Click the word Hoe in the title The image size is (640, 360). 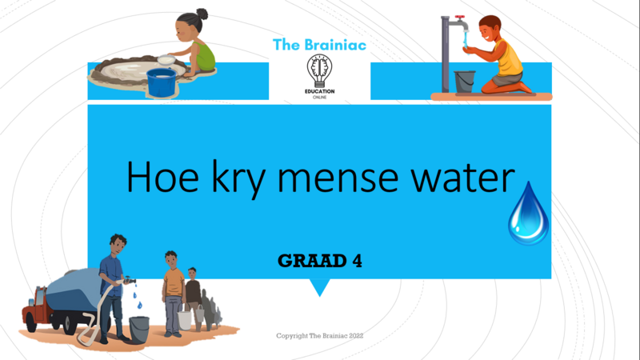162,177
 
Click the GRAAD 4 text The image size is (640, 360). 320,261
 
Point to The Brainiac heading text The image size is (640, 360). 319,45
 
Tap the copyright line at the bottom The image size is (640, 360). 319,336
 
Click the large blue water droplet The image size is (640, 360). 529,215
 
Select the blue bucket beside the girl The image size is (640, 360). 162,83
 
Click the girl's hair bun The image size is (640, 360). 202,14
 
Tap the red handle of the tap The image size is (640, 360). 460,18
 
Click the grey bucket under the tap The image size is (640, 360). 465,82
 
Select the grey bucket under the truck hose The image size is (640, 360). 139,330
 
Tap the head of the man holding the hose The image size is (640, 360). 118,244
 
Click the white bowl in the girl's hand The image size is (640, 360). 166,60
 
